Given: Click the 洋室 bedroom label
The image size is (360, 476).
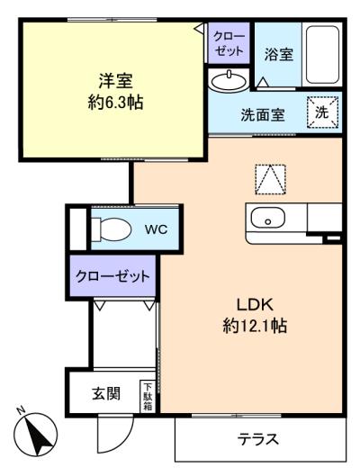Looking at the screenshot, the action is pyautogui.click(x=115, y=80).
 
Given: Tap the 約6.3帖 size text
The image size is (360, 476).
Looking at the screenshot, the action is pyautogui.click(x=115, y=102).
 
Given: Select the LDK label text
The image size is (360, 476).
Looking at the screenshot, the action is pyautogui.click(x=255, y=305).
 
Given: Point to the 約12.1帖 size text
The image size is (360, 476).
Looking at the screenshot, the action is pyautogui.click(x=255, y=326).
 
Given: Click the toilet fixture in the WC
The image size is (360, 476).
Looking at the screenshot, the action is pyautogui.click(x=112, y=229).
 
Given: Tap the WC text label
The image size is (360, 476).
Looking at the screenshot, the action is pyautogui.click(x=156, y=229).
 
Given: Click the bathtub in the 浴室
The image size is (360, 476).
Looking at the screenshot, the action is pyautogui.click(x=322, y=55).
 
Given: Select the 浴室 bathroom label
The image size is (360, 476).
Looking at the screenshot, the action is pyautogui.click(x=278, y=55).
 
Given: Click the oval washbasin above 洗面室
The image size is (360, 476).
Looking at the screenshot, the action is pyautogui.click(x=229, y=81).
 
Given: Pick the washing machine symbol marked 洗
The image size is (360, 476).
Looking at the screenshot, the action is pyautogui.click(x=322, y=112).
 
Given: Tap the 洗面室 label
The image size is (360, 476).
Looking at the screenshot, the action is pyautogui.click(x=263, y=115).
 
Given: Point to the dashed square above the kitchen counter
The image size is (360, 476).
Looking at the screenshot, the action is pyautogui.click(x=271, y=179).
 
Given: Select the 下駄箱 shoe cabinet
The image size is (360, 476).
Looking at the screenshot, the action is pyautogui.click(x=148, y=397).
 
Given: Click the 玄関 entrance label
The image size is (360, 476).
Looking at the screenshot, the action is pyautogui.click(x=106, y=394).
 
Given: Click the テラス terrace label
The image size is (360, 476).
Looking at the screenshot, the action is pyautogui.click(x=258, y=439).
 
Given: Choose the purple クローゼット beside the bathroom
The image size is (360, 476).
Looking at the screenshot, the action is pyautogui.click(x=229, y=43).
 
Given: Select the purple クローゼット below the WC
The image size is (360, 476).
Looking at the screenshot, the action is pyautogui.click(x=112, y=276).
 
